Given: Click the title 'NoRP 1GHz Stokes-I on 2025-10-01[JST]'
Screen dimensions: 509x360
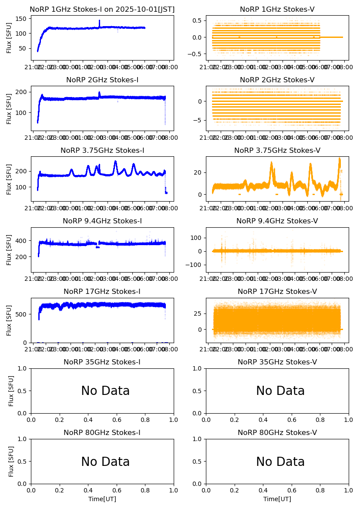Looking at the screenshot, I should click(x=102, y=10).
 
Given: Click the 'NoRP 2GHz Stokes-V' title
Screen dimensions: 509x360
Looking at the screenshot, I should click(x=277, y=80).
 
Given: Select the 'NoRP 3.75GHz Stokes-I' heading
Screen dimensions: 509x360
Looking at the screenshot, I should click(x=102, y=151).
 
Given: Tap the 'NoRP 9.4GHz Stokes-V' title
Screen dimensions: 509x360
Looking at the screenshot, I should click(x=277, y=221).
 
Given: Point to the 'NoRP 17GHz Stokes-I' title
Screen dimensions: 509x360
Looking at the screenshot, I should click(x=102, y=292).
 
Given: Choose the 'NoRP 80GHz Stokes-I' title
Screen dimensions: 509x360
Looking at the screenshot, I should click(x=102, y=433).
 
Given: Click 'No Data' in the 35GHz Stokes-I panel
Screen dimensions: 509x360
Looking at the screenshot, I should click(x=105, y=391).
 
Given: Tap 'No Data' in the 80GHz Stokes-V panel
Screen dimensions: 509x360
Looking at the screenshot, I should click(x=280, y=462).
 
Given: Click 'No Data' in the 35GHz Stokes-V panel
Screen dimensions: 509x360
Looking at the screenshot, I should click(x=280, y=391).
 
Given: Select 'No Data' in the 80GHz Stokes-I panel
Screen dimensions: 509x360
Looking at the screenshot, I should click(x=105, y=462).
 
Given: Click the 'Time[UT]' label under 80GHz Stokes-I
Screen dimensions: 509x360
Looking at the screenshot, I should click(x=102, y=499).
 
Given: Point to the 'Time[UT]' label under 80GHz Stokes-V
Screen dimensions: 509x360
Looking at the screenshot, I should click(x=277, y=499).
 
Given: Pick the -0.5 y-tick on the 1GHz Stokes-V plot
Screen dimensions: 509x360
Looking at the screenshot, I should click(x=200, y=54).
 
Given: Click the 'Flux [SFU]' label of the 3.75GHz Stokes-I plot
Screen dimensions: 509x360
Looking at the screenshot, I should click(x=9, y=179).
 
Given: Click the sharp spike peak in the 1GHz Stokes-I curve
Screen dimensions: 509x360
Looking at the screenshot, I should click(x=99, y=20).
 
